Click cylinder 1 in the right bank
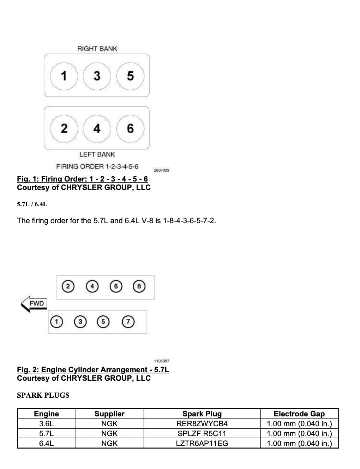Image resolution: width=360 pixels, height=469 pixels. pos(64,76)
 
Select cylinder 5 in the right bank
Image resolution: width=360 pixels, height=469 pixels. pos(130,76)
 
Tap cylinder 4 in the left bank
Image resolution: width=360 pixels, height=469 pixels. pos(97,128)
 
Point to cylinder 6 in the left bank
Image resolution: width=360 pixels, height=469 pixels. pos(130,128)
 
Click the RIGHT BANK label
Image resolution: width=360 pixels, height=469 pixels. pos(97,49)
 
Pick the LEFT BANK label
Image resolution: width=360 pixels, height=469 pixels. pos(97,154)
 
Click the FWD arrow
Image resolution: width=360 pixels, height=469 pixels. pos(34,304)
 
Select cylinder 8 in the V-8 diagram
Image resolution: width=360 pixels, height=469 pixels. pos(139,286)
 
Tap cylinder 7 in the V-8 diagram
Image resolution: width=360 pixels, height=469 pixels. pos(128,322)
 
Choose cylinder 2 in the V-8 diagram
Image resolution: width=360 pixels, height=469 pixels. pos(68,286)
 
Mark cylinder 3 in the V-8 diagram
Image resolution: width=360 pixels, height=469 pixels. pos(80,322)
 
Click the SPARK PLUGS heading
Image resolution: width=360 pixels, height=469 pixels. pos(43,395)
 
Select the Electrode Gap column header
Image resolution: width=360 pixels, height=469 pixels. pos(299,414)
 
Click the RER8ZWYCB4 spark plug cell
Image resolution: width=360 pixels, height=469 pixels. pos(202,424)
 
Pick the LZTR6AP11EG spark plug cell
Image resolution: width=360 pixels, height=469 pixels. pos(202,443)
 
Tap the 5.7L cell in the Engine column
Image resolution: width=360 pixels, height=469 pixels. pos(46,433)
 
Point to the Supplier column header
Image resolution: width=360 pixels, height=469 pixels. pos(109,414)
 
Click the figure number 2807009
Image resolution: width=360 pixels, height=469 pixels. pos(162,170)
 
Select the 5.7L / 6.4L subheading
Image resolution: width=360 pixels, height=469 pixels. pos(32,204)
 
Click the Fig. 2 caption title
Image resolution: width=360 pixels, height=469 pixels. pos(93,370)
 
